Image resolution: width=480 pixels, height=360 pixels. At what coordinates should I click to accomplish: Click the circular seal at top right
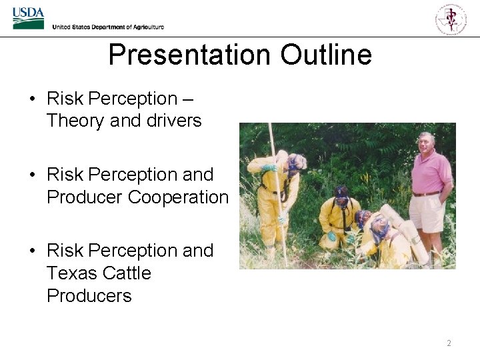coord(451,18)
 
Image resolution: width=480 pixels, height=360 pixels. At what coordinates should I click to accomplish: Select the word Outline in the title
coord(326,55)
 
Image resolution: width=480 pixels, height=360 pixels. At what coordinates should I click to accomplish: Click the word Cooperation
coord(178,197)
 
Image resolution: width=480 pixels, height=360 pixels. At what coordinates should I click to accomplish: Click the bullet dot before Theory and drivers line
coord(33,99)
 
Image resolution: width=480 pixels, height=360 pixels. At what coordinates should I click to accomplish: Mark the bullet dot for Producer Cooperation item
coord(33,175)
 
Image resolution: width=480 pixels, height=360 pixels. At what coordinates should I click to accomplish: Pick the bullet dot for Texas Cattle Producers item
coord(33,251)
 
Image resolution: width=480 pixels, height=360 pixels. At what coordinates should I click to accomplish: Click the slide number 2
coord(449,343)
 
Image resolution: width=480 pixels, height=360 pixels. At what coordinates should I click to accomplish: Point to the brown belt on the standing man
coord(426,194)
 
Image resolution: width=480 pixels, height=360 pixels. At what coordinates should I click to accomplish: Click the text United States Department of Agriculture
coord(108,27)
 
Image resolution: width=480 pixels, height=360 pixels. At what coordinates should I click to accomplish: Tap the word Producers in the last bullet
coord(89,296)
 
